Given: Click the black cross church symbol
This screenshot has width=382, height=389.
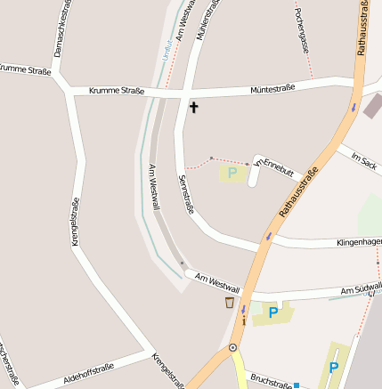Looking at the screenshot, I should (x=193, y=108).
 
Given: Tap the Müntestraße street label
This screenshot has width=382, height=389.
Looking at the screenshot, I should (x=272, y=88).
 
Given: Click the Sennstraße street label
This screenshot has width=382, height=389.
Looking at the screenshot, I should (x=186, y=194).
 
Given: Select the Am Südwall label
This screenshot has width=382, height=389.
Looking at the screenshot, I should (x=361, y=289).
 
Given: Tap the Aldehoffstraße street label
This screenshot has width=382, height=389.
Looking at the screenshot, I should (x=88, y=373).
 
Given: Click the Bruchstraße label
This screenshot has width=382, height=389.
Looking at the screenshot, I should (x=270, y=381).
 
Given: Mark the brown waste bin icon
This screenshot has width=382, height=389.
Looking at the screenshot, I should (x=230, y=303).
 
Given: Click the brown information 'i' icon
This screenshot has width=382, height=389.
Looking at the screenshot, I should (x=243, y=319).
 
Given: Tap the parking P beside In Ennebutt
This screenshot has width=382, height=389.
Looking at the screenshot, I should (x=233, y=173).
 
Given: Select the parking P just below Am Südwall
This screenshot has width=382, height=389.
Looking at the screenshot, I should (x=273, y=312).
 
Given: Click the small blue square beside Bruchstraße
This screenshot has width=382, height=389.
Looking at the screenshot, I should (x=297, y=385).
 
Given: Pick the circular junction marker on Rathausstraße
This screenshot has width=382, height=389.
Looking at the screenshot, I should (x=232, y=347).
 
